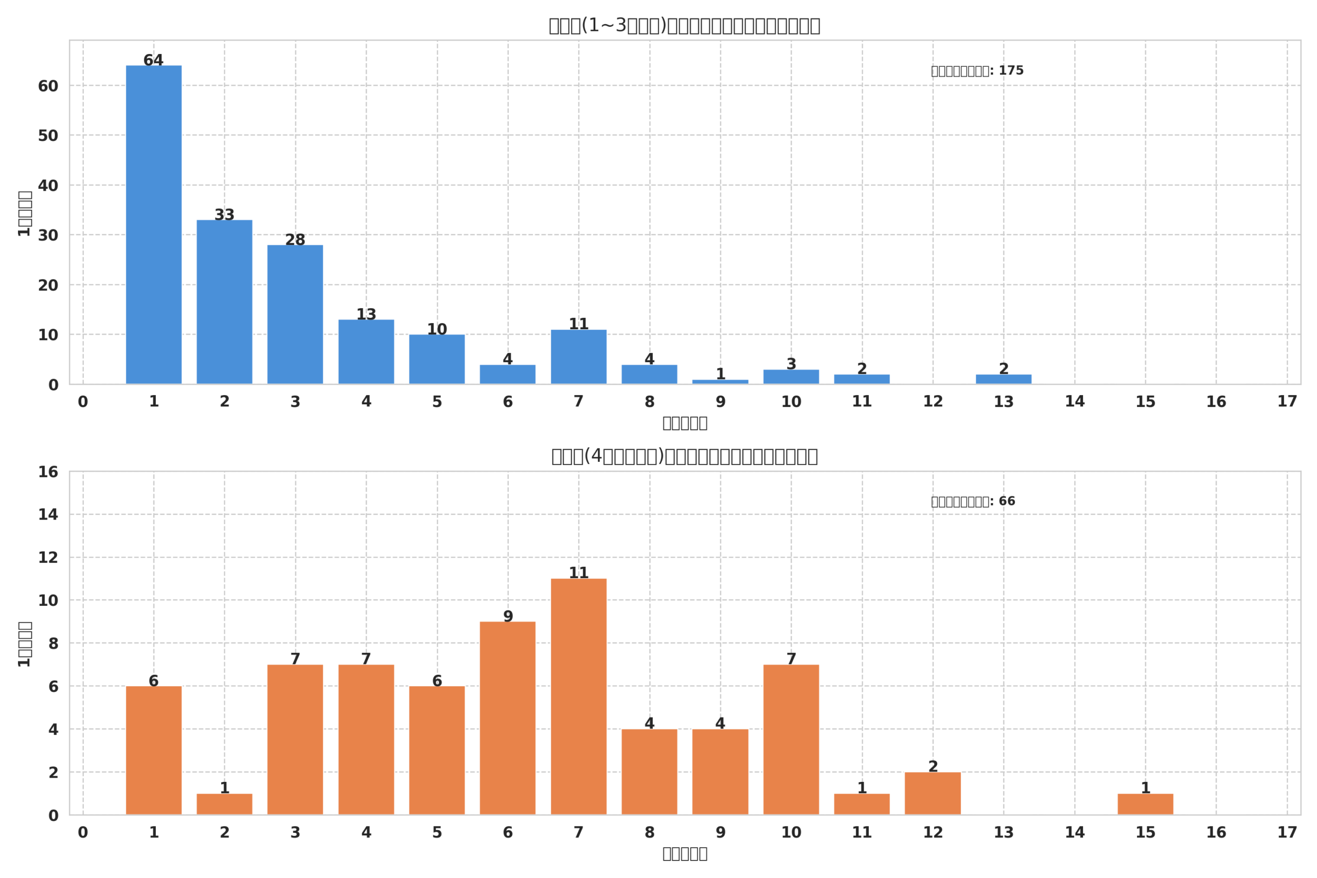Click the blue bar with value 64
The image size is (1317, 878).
(x=153, y=224)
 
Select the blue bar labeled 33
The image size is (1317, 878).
(x=224, y=302)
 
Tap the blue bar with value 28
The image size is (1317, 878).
(x=295, y=314)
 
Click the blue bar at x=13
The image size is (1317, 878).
(x=1003, y=379)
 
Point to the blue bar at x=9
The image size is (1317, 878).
(x=720, y=381)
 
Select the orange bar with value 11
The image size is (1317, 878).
(x=578, y=696)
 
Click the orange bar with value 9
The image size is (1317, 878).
(x=507, y=719)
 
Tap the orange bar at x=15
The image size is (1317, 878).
(x=1145, y=804)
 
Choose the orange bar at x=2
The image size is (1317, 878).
(x=224, y=804)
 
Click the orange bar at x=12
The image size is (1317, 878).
(x=933, y=794)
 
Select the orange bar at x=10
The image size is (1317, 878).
(x=791, y=740)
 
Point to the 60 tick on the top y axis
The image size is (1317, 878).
(x=48, y=86)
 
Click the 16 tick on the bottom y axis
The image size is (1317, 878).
(x=48, y=472)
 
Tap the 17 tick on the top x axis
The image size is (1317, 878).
(x=1287, y=402)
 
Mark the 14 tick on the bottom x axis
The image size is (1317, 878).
(x=1075, y=832)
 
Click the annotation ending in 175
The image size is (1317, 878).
(x=977, y=70)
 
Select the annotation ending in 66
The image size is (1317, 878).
(x=973, y=501)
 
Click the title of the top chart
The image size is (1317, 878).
(x=684, y=26)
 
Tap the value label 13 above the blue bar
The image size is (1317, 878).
(x=366, y=315)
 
